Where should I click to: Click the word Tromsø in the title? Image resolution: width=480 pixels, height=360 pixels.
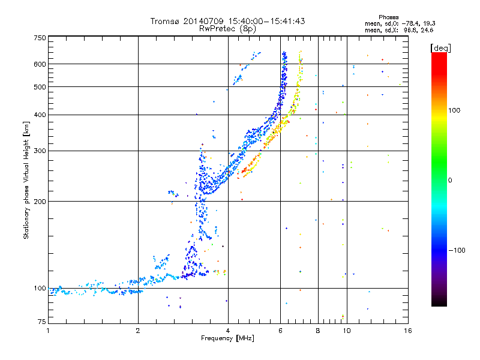[x=164, y=21]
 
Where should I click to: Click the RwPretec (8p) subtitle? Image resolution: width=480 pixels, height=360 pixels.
[x=227, y=29]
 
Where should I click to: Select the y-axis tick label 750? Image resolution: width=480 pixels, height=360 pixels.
[x=40, y=38]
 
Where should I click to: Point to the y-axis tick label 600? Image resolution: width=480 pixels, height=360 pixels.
[x=40, y=64]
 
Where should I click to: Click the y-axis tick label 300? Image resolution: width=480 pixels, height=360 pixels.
[x=40, y=151]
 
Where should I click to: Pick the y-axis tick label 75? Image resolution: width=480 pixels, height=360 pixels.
[x=42, y=322]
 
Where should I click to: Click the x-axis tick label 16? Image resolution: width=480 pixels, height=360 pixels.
[x=408, y=331]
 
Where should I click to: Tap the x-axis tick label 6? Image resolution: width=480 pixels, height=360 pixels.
[x=280, y=331]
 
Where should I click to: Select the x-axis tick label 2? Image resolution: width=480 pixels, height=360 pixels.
[x=138, y=331]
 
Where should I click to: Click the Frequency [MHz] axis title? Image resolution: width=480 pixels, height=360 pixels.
[x=227, y=338]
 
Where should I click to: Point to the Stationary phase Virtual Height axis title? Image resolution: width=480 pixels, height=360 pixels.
[x=26, y=181]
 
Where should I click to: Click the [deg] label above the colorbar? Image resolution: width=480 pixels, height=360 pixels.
[x=440, y=48]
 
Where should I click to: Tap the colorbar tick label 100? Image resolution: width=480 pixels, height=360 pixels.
[x=454, y=110]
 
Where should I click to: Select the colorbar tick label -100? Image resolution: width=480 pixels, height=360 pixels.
[x=457, y=250]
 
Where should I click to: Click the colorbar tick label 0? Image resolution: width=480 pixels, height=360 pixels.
[x=450, y=181]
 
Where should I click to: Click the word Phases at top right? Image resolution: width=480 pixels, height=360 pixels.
[x=388, y=17]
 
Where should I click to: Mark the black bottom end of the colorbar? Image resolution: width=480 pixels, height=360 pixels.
[x=439, y=305]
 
